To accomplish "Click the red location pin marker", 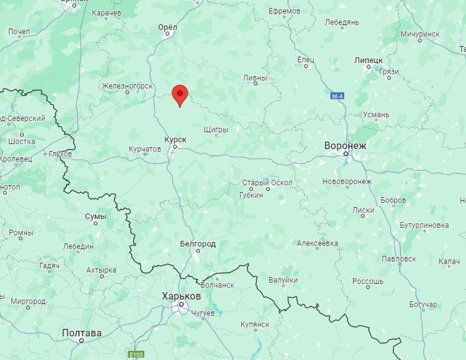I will [180, 94].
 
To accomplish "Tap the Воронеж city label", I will [345, 145].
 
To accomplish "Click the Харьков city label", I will [181, 295].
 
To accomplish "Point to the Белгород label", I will [198, 244].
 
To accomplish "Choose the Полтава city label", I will [82, 332].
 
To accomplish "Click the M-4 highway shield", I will [338, 96].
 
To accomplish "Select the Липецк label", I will [369, 60].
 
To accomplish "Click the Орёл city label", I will [168, 27].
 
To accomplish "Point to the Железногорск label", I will [127, 86].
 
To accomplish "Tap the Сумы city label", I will [96, 216].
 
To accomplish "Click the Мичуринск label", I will [419, 33].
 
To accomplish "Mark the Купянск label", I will [254, 323].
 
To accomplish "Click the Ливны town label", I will [255, 77].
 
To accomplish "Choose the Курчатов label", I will [144, 149].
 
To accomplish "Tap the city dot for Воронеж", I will [346, 153].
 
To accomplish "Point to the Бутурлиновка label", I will [424, 225].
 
